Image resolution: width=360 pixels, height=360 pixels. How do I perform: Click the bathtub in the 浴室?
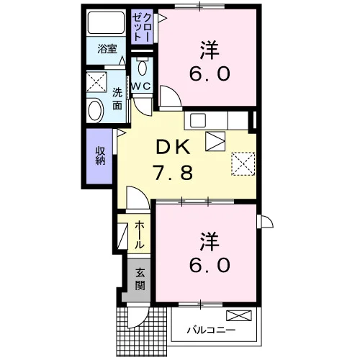pos(106,23)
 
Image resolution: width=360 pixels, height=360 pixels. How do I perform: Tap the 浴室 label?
pos(107,49)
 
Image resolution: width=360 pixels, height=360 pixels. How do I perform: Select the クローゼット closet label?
pos(142,27)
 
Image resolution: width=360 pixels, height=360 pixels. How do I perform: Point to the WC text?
pos(142,86)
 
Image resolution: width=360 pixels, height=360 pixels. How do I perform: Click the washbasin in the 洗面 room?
pos(95,111)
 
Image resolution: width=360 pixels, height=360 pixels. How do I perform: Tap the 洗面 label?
pos(117,99)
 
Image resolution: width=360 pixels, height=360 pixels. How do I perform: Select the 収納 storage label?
pos(100,156)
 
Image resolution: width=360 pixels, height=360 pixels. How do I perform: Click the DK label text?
pos(174,148)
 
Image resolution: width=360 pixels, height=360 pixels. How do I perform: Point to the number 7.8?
pos(174,173)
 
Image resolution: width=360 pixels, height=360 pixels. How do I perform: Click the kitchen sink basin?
pos(198,120)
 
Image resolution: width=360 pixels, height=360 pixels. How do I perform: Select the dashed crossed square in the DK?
pos(243,164)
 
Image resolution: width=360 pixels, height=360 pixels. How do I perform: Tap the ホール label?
pos(140,235)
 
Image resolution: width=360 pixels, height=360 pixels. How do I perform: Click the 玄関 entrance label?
pos(140,279)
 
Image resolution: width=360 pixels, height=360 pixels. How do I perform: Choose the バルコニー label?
pos(211,330)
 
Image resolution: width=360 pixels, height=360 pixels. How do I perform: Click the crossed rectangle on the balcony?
pos(239,315)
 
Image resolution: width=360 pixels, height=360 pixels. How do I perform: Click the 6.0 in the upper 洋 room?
pos(210,73)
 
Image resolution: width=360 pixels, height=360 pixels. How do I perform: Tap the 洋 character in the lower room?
pos(210,241)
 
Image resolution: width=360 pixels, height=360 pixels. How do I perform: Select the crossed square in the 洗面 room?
pos(96,81)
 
